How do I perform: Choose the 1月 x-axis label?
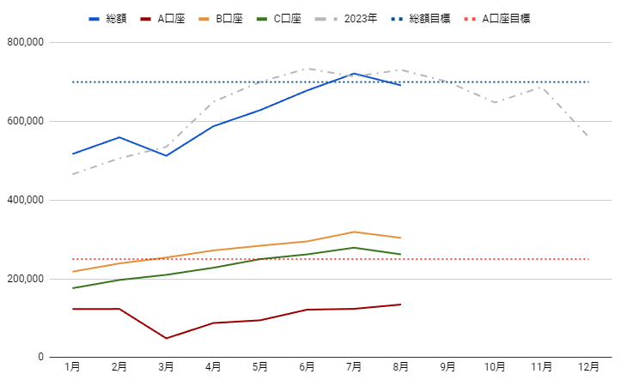click(x=73, y=367)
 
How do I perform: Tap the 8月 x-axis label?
click(x=400, y=367)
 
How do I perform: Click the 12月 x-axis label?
click(x=588, y=367)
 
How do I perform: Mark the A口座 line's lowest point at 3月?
click(x=167, y=338)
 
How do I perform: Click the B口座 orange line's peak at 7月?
click(x=354, y=232)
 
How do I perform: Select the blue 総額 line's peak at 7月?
click(x=354, y=74)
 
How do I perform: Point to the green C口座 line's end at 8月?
click(x=400, y=254)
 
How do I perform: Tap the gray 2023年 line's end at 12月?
click(x=588, y=137)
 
